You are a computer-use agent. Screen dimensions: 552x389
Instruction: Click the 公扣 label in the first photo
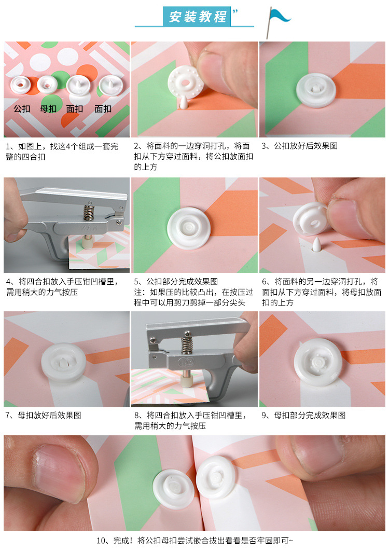tap(22, 109)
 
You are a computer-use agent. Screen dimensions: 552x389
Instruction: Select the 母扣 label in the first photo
tap(48, 109)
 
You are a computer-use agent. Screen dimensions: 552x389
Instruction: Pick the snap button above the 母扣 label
tap(47, 83)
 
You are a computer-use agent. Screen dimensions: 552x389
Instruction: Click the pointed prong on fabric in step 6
tap(316, 244)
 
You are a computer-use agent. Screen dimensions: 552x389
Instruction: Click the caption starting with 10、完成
tap(195, 540)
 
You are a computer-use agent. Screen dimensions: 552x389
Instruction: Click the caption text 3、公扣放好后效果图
tap(299, 146)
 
